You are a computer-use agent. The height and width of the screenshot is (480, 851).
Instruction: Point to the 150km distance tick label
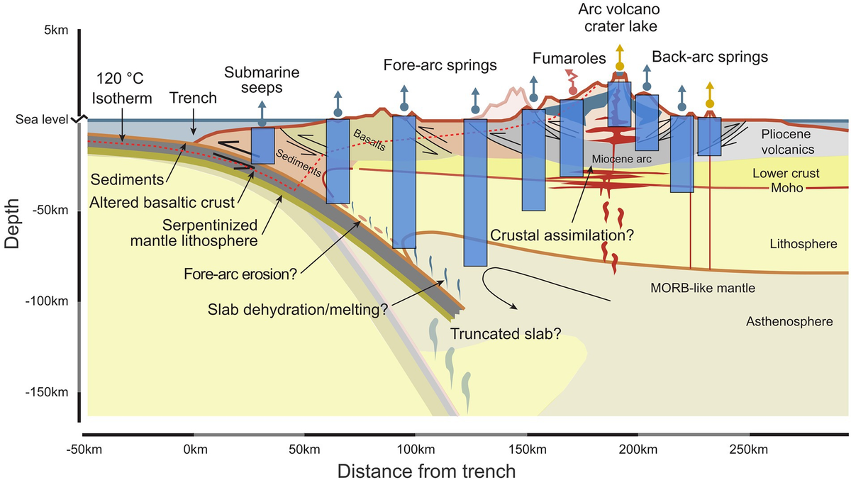[527, 450]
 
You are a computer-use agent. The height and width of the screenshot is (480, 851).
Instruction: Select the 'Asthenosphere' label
[789, 321]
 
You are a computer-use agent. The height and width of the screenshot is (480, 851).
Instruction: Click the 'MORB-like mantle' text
[694, 289]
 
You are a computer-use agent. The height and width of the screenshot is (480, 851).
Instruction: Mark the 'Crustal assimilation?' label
[560, 233]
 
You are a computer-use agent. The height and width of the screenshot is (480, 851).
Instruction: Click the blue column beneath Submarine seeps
[263, 145]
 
